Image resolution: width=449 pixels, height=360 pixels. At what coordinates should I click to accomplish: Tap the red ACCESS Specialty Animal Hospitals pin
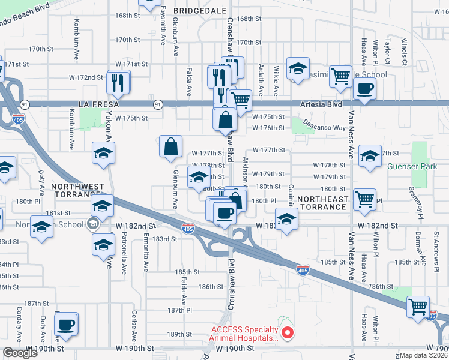287,332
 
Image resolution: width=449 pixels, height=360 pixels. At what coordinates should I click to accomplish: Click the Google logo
20,353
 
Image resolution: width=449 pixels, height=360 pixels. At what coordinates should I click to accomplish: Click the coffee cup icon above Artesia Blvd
364,89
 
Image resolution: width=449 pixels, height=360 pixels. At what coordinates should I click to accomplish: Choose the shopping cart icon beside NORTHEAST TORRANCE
364,198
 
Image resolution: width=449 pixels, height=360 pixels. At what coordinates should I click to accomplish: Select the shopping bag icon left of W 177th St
171,146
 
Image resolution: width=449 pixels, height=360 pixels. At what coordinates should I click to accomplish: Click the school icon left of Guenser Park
369,155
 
